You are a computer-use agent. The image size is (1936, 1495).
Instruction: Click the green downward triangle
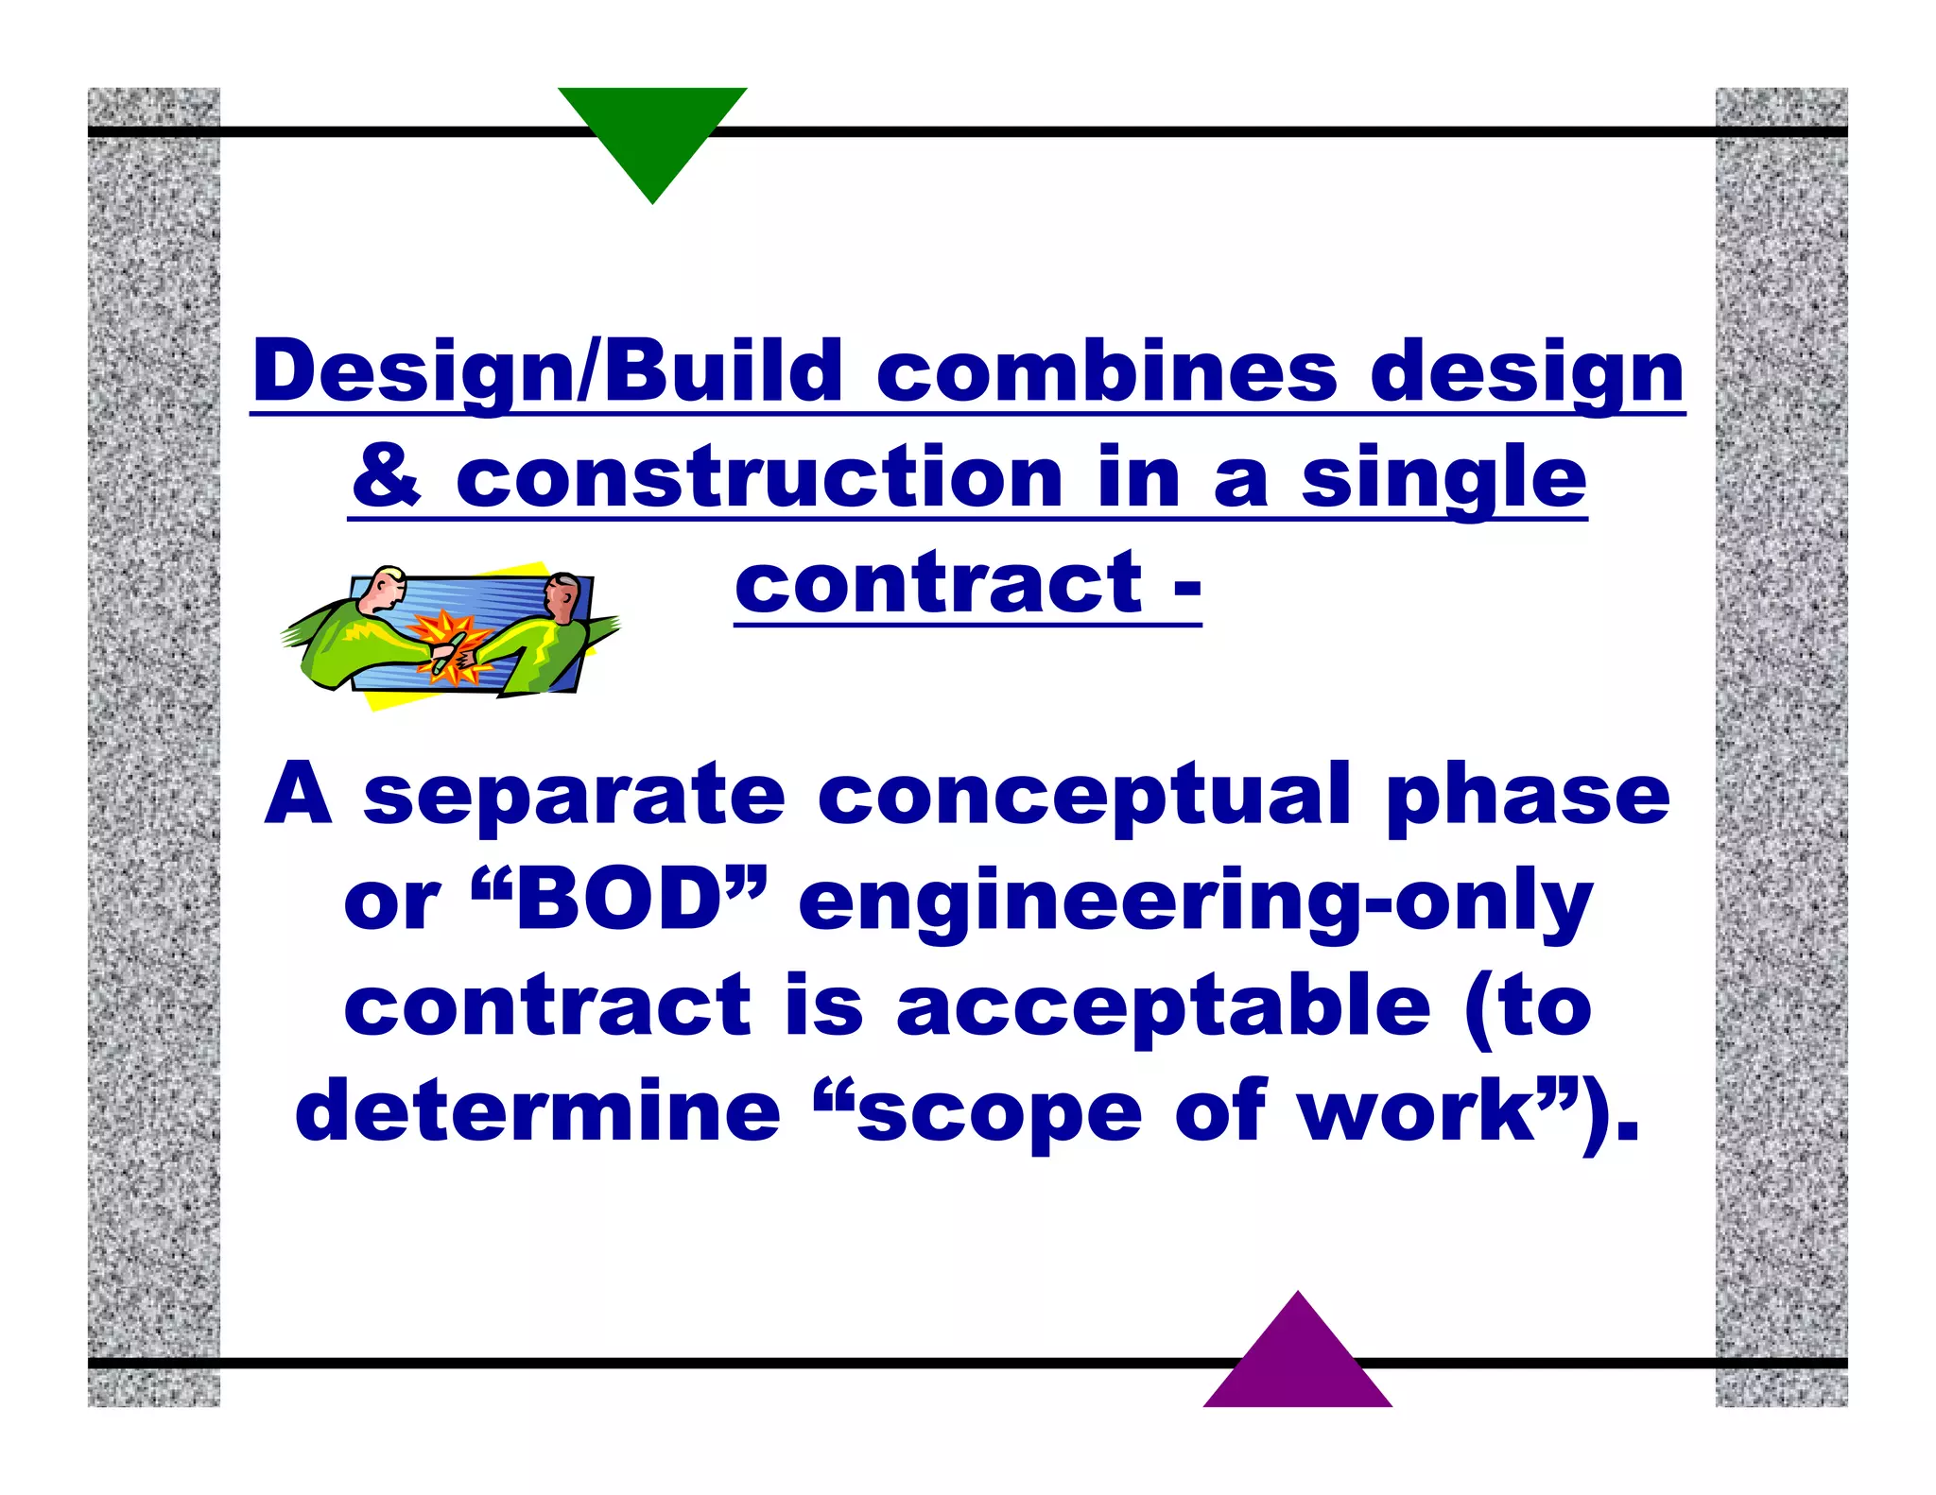(x=652, y=132)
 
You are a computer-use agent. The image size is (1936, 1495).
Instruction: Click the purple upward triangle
(x=1297, y=1361)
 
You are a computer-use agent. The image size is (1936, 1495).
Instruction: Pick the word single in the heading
(x=1443, y=479)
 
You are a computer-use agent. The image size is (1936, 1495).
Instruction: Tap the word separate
(x=574, y=796)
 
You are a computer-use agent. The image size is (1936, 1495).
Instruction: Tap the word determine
(x=538, y=1111)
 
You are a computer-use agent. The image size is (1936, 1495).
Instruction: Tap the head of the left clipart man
(x=387, y=590)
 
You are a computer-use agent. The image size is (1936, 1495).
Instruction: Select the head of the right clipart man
(x=562, y=595)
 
